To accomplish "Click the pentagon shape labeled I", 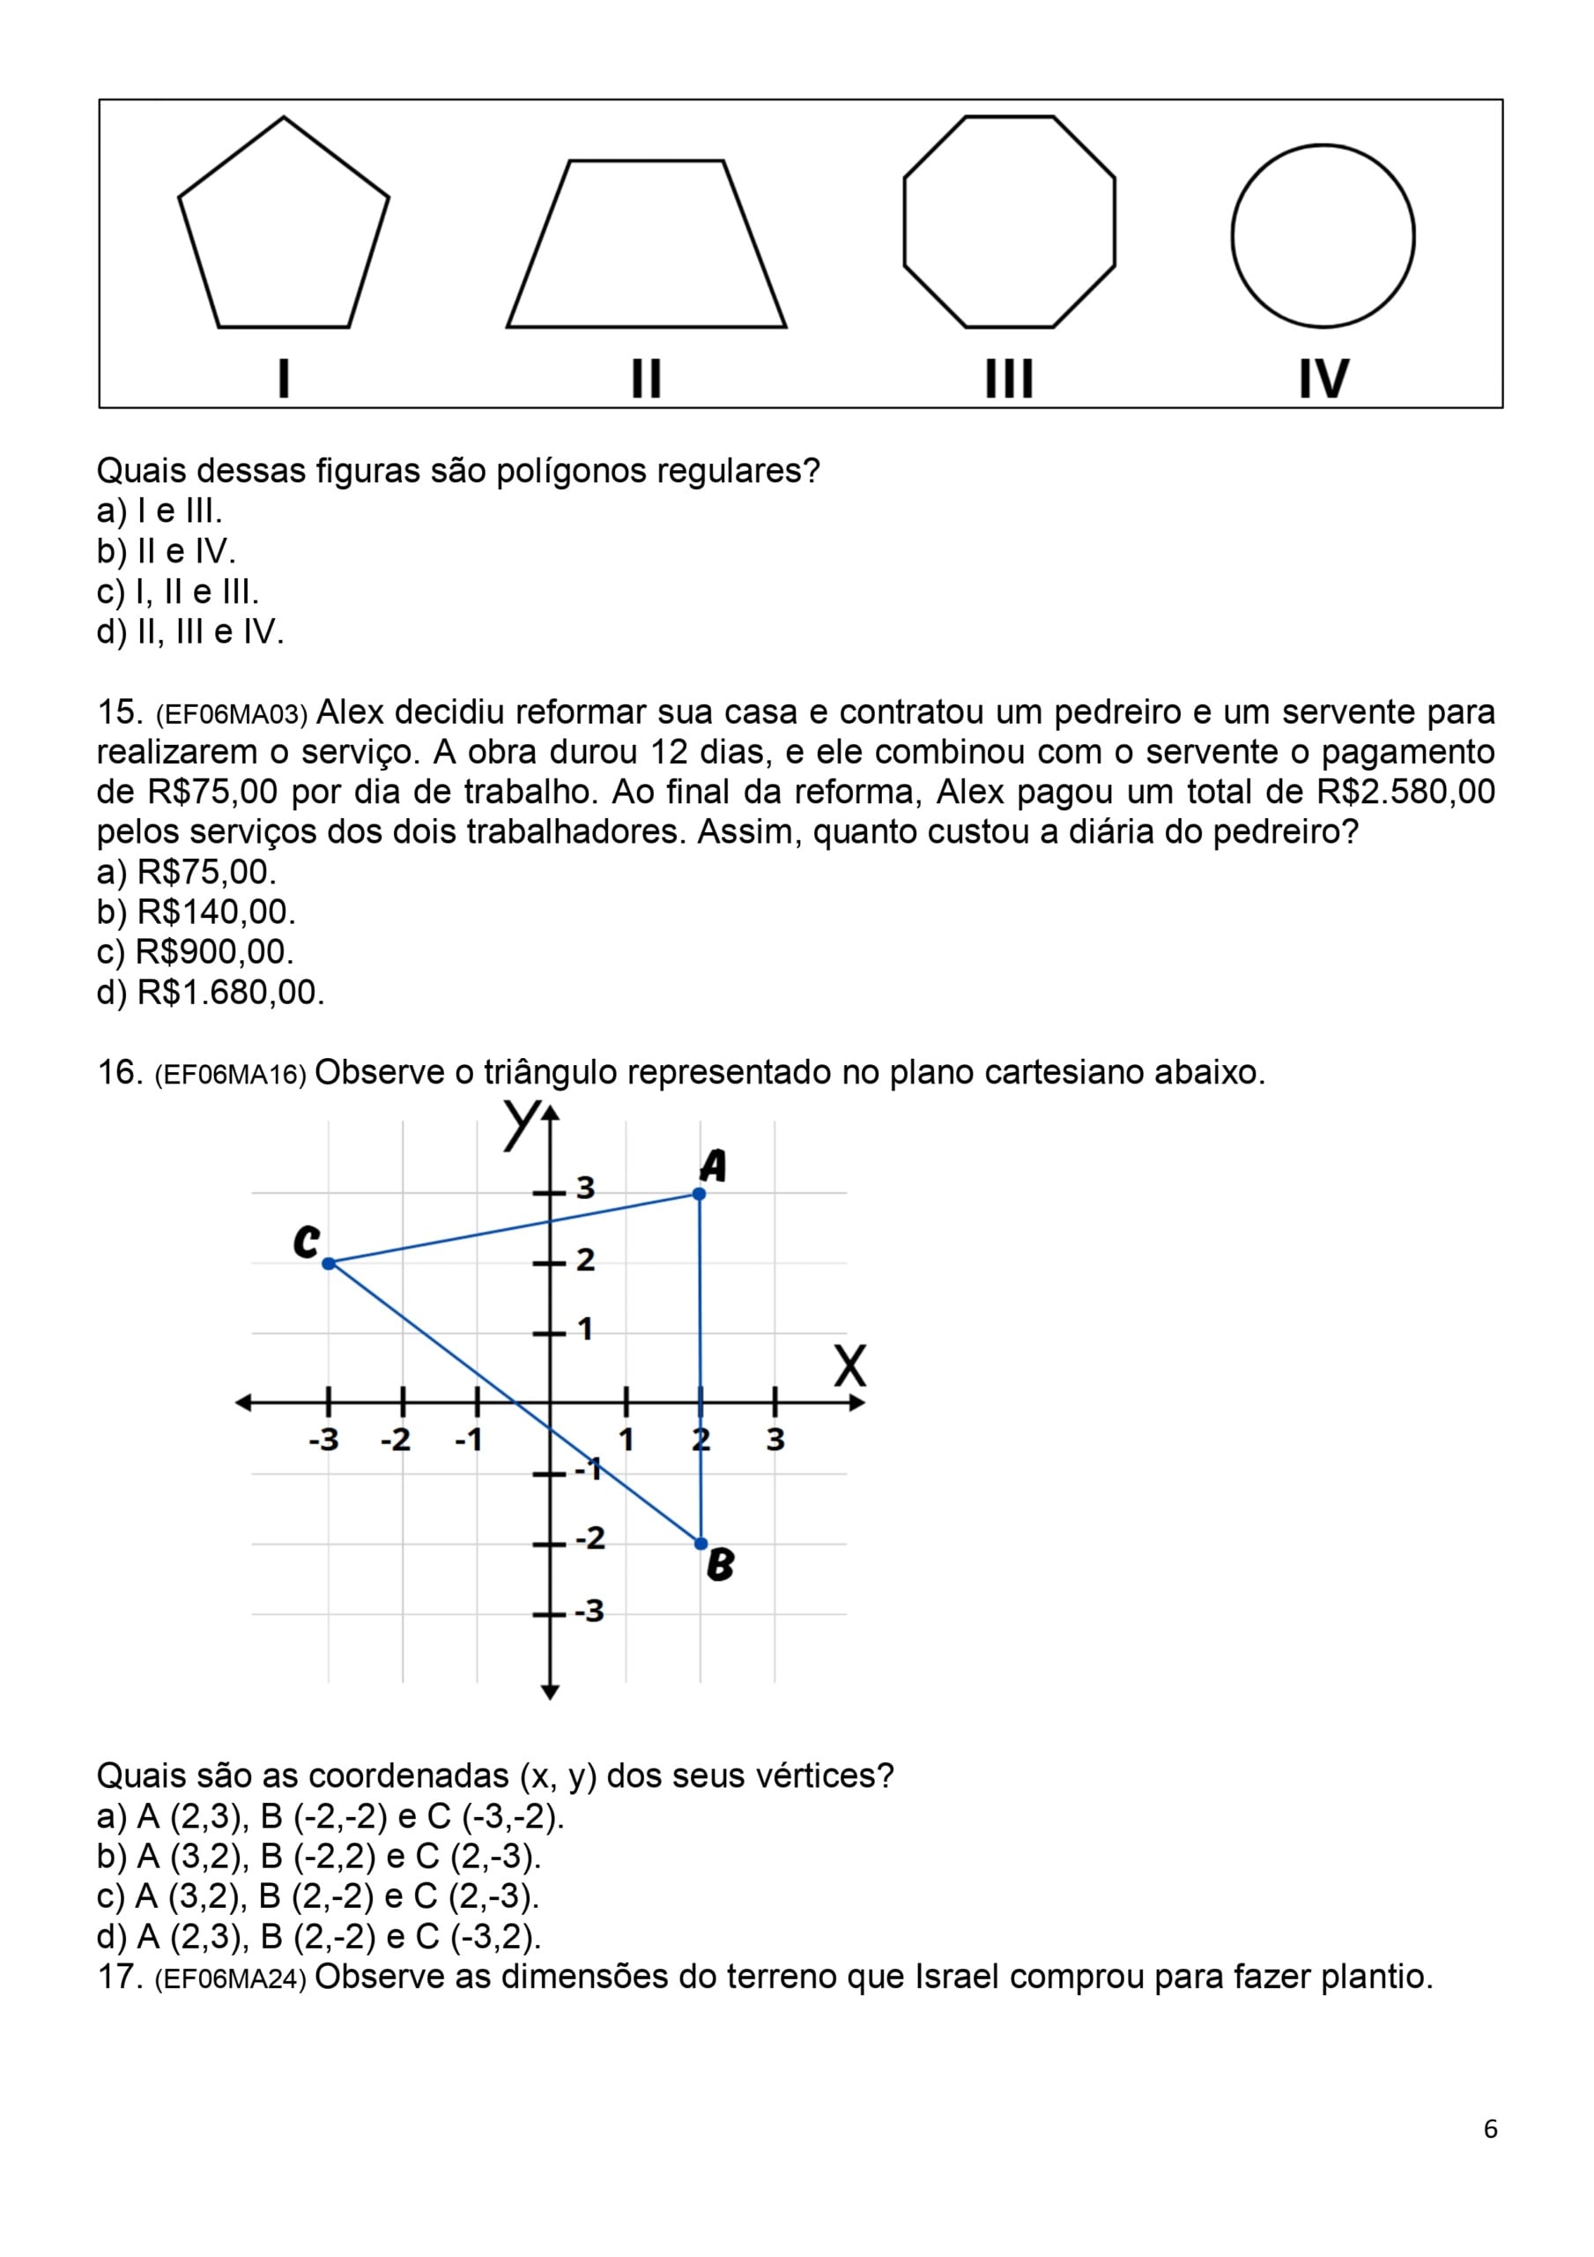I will [283, 231].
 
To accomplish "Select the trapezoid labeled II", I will [646, 250].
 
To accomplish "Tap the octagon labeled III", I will [1009, 222].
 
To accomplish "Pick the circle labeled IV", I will [1323, 236].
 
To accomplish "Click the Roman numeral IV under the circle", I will [1323, 378].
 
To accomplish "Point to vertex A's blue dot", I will [699, 1194].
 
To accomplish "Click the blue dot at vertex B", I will [701, 1544].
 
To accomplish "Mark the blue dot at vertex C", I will [329, 1263].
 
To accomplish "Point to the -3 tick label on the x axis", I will [323, 1440].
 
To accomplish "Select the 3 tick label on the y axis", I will [586, 1188].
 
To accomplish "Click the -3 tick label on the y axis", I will [589, 1611].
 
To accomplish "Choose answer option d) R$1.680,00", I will [211, 993].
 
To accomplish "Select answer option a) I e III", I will [159, 511].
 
